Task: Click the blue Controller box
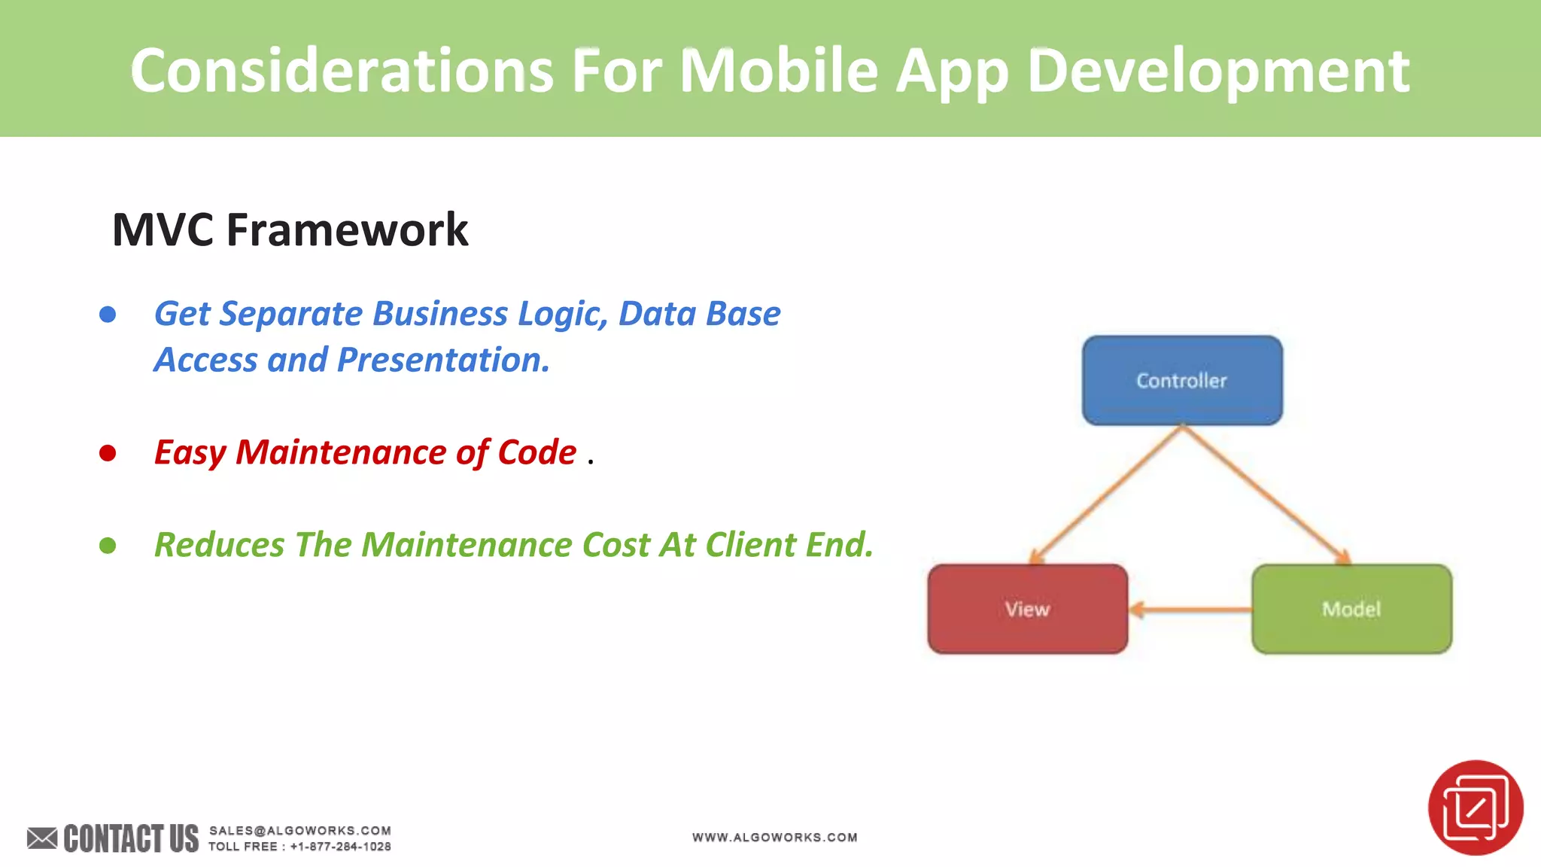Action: (1182, 380)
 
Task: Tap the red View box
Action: (1027, 609)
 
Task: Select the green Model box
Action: (1351, 609)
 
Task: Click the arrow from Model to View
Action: (1190, 610)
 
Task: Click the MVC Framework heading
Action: (290, 230)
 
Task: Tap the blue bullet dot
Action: (108, 315)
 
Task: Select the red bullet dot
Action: (108, 453)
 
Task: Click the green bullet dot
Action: (108, 546)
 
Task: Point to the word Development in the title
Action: (1217, 71)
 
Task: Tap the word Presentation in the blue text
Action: (442, 360)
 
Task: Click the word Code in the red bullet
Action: (536, 452)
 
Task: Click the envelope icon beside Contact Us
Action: (42, 838)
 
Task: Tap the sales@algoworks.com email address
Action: (299, 830)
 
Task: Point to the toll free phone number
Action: (340, 847)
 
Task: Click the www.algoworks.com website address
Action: (774, 837)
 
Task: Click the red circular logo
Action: (1475, 808)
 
